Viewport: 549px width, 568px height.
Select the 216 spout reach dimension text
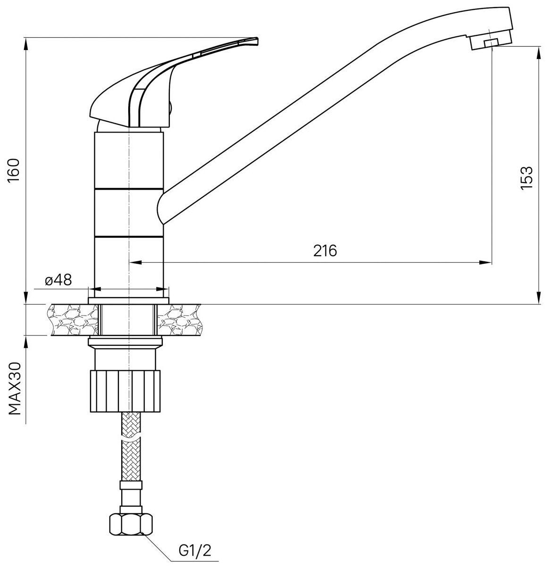(x=325, y=251)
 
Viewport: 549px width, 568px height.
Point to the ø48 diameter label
(x=58, y=280)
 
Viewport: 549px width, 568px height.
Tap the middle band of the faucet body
(x=129, y=212)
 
